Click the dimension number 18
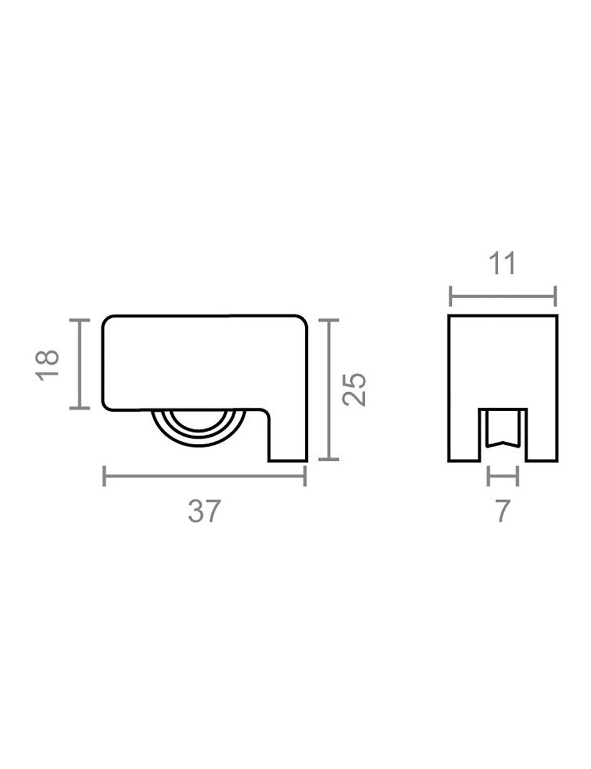point(47,365)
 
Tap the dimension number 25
point(354,389)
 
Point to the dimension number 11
point(502,263)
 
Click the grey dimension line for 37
point(204,476)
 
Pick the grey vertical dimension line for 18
point(80,364)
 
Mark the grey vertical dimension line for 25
point(329,390)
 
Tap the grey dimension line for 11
point(503,296)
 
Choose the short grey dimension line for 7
point(502,476)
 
